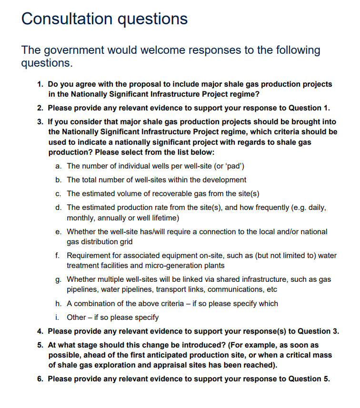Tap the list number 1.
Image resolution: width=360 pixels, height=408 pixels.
tap(40, 84)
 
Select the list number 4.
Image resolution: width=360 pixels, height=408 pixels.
tap(40, 331)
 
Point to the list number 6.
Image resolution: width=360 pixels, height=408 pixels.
tap(40, 379)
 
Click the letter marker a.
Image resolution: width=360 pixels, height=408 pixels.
tap(58, 166)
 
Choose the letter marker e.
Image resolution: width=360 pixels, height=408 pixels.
tap(58, 232)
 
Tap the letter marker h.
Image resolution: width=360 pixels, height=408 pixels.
tap(58, 303)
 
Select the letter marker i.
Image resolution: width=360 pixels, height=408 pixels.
tap(57, 317)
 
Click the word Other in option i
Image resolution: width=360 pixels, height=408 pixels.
tap(77, 317)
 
